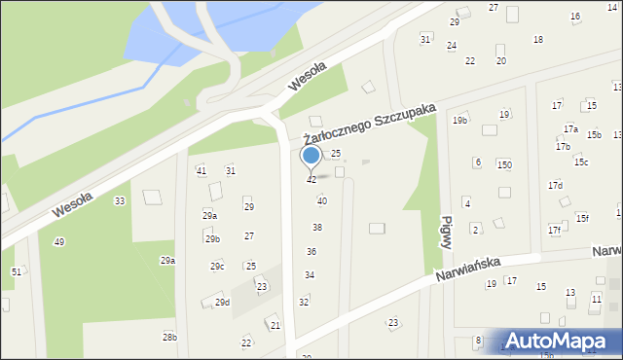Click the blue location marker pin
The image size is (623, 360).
[311, 156]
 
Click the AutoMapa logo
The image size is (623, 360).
[563, 341]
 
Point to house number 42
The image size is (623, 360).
[311, 180]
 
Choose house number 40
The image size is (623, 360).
[322, 201]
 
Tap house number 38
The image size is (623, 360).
[316, 227]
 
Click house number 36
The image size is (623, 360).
[311, 251]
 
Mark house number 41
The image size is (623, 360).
[202, 171]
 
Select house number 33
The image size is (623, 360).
[119, 201]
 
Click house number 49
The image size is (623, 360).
[58, 241]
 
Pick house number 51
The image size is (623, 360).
[16, 271]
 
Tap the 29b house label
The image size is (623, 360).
[212, 238]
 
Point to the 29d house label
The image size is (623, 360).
[222, 303]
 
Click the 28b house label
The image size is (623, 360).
[169, 337]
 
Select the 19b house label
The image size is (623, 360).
[459, 121]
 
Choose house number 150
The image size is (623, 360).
[504, 165]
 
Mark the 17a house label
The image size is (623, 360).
[570, 128]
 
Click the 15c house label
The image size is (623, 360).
[581, 162]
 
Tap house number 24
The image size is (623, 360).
[452, 46]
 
